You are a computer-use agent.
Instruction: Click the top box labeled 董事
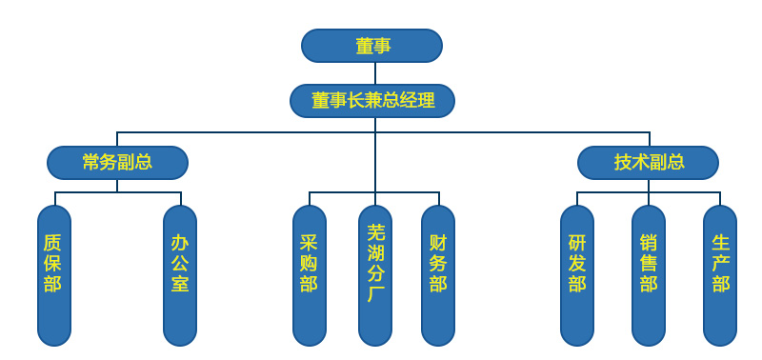(371, 46)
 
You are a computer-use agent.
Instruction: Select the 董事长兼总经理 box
(372, 100)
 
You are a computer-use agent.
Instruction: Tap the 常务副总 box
(117, 162)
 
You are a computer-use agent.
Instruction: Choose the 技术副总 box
(648, 162)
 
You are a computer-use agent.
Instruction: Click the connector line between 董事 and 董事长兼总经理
(375, 73)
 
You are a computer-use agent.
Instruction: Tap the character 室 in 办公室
(180, 284)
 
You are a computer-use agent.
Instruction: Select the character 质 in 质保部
(53, 242)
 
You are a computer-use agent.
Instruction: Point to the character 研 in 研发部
(577, 242)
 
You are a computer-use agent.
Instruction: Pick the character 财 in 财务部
(438, 242)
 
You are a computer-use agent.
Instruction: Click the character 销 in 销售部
(649, 242)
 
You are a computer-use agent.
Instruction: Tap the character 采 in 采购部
(309, 242)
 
